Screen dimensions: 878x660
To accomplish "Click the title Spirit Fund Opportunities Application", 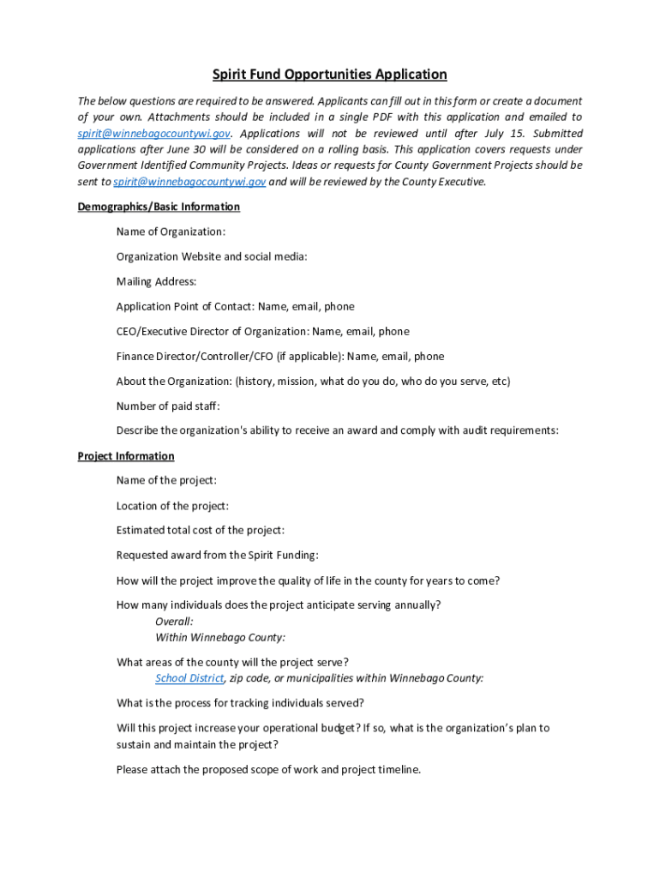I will (x=330, y=75).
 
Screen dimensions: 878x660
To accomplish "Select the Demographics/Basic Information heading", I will (x=159, y=207).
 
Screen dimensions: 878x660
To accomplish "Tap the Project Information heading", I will (x=126, y=456).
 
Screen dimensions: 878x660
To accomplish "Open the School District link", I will (x=189, y=678).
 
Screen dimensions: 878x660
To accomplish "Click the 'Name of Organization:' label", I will (x=171, y=232).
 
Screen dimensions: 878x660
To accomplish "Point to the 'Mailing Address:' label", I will (x=156, y=281).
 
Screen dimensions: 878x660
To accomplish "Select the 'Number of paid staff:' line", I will (x=168, y=406).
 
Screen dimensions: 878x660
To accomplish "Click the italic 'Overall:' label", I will (x=174, y=621).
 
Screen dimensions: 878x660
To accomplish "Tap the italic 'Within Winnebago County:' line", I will (x=220, y=637).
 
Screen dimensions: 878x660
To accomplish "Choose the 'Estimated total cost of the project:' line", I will (x=201, y=531).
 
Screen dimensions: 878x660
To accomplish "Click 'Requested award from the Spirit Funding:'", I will (x=217, y=556).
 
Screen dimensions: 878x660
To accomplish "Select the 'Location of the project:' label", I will (x=172, y=506).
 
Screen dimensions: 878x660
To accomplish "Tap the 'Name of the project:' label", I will (x=166, y=481).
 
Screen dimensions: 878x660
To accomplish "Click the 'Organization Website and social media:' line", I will (x=212, y=256).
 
